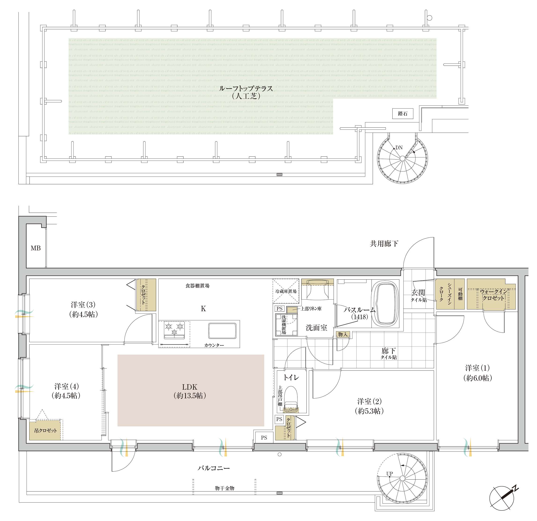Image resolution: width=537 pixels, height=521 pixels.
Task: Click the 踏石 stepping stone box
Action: coord(402,114)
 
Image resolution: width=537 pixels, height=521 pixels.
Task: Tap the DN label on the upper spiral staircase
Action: coord(399,148)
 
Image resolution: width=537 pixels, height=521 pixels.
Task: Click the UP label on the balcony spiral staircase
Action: coord(390,474)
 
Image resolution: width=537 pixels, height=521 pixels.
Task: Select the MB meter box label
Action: coord(36,248)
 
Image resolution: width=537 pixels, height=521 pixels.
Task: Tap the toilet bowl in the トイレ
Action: coord(291,399)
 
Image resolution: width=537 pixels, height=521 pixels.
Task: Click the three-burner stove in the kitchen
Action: coord(174,330)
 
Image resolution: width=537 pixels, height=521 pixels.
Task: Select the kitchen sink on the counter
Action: coord(222,331)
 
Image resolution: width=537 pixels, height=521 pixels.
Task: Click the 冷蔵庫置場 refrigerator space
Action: coord(286,291)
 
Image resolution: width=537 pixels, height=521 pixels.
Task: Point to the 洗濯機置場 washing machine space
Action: coord(287,325)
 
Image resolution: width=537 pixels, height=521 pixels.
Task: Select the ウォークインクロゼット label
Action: coord(493,295)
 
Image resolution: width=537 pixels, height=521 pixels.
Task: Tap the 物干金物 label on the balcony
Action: coord(224,488)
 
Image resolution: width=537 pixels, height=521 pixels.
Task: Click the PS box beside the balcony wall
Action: coord(264,438)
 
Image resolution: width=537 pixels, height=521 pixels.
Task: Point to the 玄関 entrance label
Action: coord(418,292)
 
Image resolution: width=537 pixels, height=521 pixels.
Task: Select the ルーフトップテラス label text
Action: coord(246,88)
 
